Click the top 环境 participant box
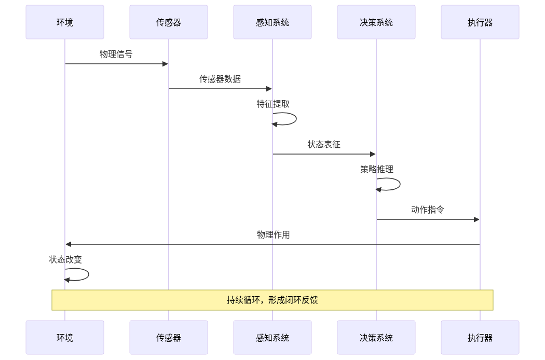[x=65, y=22]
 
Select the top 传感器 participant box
[x=169, y=22]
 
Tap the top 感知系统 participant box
[x=272, y=22]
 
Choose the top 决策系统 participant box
[x=376, y=22]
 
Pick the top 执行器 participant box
[x=480, y=22]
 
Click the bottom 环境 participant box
[x=65, y=338]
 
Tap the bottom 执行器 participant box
[x=480, y=338]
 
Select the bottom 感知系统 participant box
[x=272, y=338]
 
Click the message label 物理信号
[x=116, y=54]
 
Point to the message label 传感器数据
[x=220, y=79]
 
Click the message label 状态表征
[x=324, y=144]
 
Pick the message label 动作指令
[x=428, y=210]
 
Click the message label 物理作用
[x=273, y=234]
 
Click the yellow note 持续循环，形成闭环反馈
[x=272, y=300]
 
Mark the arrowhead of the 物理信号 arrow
[x=166, y=64]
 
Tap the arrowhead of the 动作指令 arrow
[x=477, y=219]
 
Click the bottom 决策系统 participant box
[x=376, y=338]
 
